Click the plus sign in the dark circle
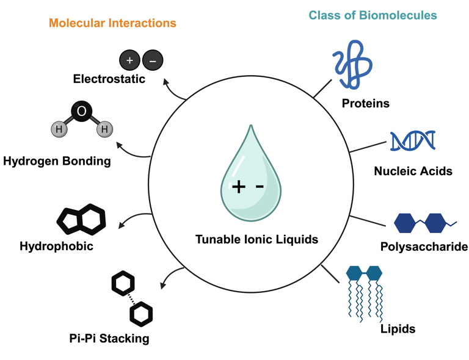tap(129, 60)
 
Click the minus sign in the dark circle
tap(153, 60)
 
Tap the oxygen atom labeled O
tap(82, 111)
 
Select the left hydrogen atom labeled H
tap(59, 129)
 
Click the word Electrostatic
tap(109, 79)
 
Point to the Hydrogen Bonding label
tap(57, 162)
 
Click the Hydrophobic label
tap(56, 247)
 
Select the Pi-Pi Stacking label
tap(109, 338)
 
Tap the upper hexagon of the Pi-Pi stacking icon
tap(123, 283)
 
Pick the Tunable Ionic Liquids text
tap(256, 239)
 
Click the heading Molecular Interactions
tap(112, 23)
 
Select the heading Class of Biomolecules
tap(373, 15)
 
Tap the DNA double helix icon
tap(413, 141)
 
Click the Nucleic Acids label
tap(413, 171)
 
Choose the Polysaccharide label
tap(424, 247)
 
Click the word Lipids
tap(398, 329)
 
